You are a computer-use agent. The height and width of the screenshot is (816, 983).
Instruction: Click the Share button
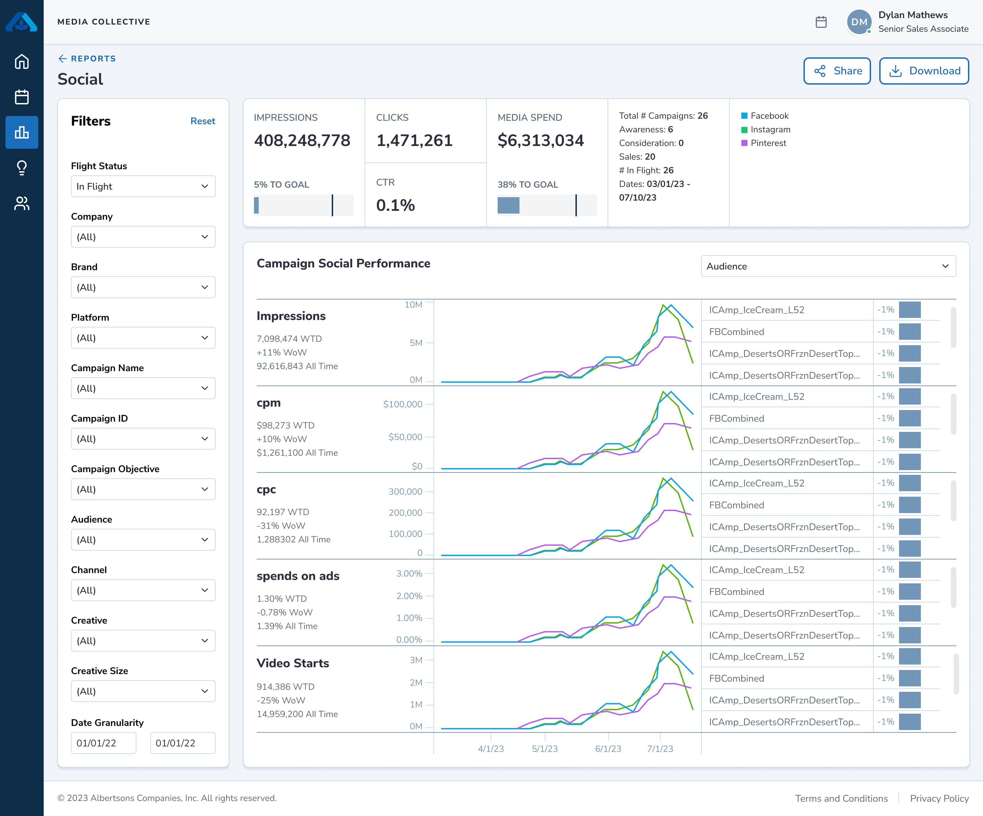point(837,71)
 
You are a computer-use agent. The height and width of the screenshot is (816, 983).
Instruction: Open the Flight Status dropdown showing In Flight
point(143,186)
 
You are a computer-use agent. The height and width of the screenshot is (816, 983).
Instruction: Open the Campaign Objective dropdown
point(143,489)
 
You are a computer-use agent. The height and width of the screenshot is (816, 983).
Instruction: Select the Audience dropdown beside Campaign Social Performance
point(828,266)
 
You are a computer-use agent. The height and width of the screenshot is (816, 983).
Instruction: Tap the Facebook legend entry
point(769,116)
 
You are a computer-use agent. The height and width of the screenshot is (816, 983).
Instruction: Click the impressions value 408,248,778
point(302,140)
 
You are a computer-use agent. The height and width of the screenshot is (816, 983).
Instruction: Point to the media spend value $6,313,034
point(540,140)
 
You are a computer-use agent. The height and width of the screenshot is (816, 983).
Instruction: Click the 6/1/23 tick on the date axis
point(608,748)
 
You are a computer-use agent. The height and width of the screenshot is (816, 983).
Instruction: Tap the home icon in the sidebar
point(22,62)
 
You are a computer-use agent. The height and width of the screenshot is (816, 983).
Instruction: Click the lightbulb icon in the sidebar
point(22,167)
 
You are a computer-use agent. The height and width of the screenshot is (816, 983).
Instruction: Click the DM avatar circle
point(858,22)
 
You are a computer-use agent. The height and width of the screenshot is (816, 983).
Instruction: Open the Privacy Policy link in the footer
point(939,798)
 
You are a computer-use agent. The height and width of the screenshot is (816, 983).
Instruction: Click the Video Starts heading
point(293,663)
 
